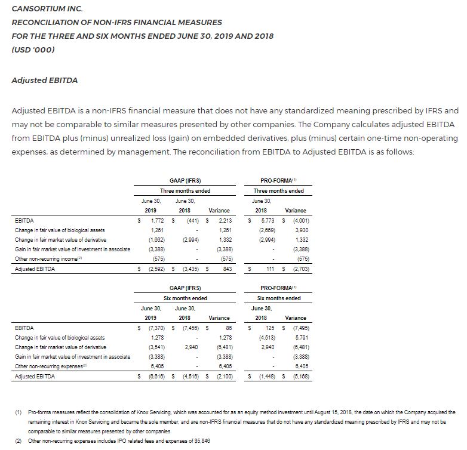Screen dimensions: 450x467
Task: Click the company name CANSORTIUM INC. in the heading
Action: pyautogui.click(x=47, y=9)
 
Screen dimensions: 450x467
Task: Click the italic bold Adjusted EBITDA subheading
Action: pyautogui.click(x=44, y=81)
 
